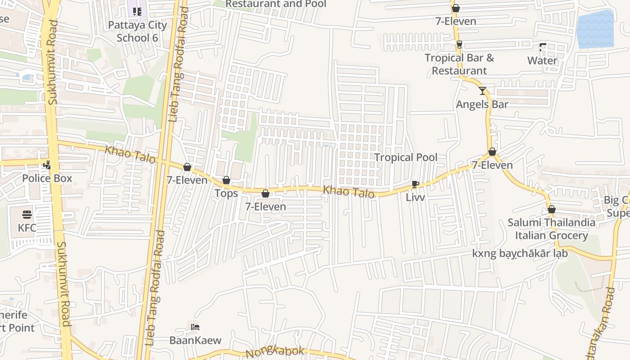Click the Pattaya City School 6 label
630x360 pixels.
click(137, 31)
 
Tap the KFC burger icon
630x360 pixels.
click(27, 214)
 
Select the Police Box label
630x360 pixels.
click(47, 178)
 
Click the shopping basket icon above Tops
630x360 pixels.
click(226, 180)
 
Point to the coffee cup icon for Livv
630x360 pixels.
click(415, 184)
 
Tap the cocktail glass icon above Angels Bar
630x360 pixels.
click(482, 91)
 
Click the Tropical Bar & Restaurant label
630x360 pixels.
click(459, 64)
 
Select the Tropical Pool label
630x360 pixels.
click(406, 157)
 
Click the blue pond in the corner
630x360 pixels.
click(595, 29)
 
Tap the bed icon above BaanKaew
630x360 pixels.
click(195, 327)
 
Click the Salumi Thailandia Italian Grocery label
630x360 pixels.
click(551, 229)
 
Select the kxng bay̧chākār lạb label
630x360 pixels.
click(520, 253)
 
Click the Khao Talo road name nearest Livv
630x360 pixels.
click(349, 191)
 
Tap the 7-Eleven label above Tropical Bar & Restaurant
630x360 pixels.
click(456, 21)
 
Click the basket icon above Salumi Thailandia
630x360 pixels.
click(552, 209)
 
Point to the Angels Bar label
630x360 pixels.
click(482, 104)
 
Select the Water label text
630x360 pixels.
click(542, 61)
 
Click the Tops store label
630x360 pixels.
click(226, 193)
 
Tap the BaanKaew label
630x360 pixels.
click(195, 340)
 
